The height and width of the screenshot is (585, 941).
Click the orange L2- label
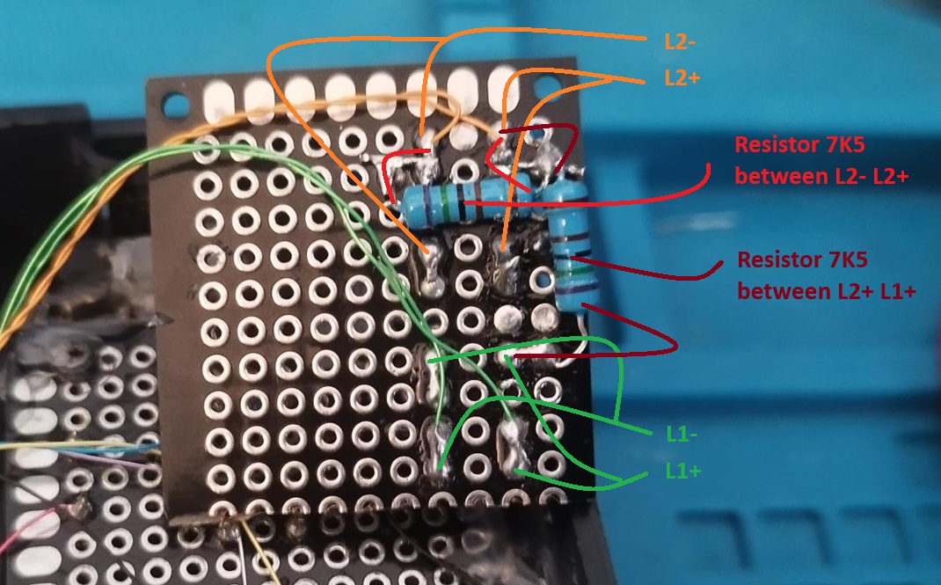(x=679, y=41)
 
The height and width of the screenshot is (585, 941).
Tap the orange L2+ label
(x=682, y=77)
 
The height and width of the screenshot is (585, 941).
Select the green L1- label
(x=682, y=433)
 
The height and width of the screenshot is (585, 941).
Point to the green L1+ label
(x=683, y=471)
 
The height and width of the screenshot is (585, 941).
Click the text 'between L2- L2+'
(x=821, y=177)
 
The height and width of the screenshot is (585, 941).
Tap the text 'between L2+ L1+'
(x=827, y=291)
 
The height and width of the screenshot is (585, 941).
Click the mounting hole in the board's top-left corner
(x=175, y=105)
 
